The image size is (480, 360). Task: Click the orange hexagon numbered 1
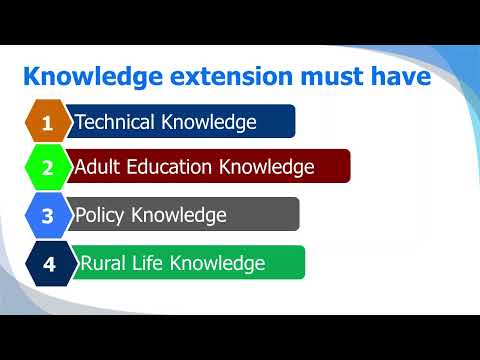click(x=47, y=123)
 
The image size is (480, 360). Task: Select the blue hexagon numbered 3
click(x=47, y=215)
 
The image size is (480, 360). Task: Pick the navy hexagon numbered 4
click(x=47, y=264)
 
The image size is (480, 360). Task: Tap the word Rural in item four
click(x=102, y=263)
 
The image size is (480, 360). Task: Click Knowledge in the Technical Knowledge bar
click(x=208, y=122)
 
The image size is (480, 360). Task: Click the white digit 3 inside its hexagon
click(x=47, y=215)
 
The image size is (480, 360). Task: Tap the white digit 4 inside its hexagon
click(x=47, y=264)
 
